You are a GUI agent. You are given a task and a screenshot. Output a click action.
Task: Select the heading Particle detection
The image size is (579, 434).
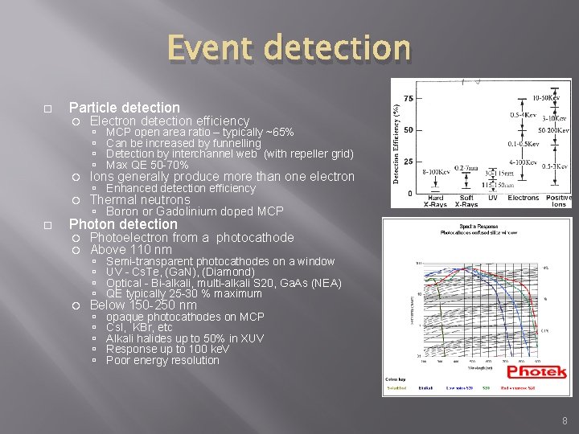click(125, 108)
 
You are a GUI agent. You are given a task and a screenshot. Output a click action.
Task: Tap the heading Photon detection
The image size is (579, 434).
click(123, 224)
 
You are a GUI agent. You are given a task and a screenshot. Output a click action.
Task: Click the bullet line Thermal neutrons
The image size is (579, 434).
click(140, 200)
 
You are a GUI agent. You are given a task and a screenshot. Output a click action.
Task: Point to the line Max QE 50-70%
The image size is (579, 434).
click(147, 165)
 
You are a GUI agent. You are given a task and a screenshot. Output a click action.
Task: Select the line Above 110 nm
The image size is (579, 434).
click(130, 250)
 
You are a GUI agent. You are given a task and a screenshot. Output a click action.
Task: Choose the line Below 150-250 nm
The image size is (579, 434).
click(143, 305)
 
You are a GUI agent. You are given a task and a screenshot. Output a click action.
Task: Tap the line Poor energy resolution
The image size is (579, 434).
click(162, 360)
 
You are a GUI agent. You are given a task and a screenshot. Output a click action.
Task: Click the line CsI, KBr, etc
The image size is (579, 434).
click(139, 328)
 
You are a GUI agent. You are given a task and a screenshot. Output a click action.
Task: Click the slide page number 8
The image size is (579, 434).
click(565, 420)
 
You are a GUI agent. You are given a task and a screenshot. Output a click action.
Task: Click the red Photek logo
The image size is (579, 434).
click(536, 373)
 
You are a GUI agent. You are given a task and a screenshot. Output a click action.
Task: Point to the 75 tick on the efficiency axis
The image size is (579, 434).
click(408, 98)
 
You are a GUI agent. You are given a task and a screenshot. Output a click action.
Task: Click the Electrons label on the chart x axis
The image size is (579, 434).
click(524, 198)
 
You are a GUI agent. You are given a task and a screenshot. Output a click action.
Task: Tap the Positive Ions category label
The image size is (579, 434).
click(558, 201)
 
